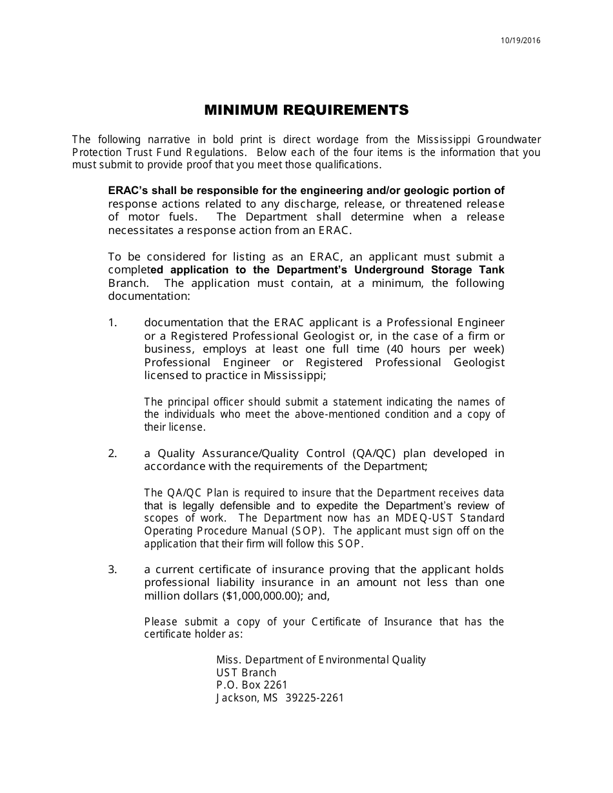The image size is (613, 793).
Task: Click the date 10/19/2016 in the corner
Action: pos(521,41)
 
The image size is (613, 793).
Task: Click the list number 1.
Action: pos(112,322)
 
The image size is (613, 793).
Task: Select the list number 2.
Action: pos(112,453)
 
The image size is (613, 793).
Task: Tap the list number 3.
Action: pos(112,569)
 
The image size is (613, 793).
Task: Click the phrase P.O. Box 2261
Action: pos(252,685)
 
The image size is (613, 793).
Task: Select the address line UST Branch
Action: pos(246,672)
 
